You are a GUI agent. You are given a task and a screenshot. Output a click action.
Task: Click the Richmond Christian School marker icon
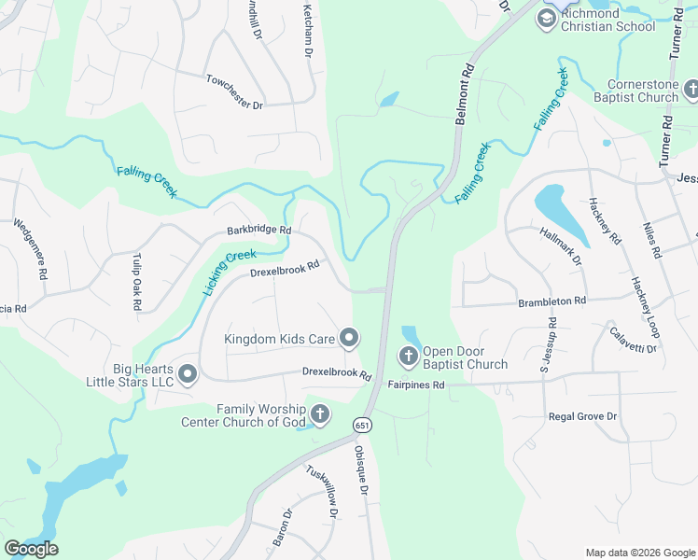[x=546, y=18]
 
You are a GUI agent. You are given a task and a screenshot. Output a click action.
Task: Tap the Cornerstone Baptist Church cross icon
[x=691, y=90]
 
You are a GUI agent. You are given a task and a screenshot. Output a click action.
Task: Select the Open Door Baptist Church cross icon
[x=408, y=356]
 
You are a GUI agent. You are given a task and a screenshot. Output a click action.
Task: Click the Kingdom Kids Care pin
[x=349, y=338]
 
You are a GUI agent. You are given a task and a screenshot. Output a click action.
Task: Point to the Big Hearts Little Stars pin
[x=187, y=374]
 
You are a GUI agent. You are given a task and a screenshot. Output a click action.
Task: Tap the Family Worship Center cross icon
[x=319, y=413]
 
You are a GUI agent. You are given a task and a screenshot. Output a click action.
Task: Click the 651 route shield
[x=360, y=426]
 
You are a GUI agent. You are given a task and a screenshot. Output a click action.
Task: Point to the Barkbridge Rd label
[x=258, y=231]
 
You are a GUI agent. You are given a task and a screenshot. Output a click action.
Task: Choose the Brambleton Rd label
[x=551, y=301]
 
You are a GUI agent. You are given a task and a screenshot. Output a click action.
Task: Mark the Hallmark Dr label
[x=560, y=245]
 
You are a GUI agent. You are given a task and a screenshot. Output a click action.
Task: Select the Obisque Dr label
[x=360, y=470]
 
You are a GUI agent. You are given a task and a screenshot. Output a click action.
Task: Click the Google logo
[x=32, y=549]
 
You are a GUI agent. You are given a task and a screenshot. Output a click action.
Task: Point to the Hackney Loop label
[x=644, y=298]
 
